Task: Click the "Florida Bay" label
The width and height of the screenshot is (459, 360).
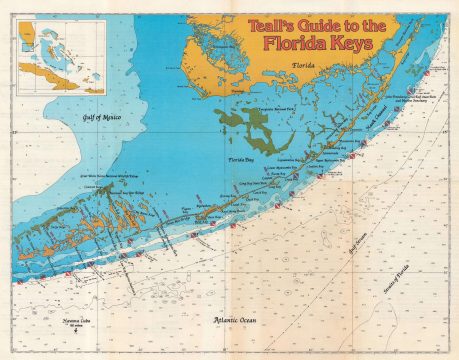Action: coord(243,159)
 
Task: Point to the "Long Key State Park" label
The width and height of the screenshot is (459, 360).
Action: coord(266,183)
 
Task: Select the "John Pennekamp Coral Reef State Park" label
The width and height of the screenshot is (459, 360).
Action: coord(417,97)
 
